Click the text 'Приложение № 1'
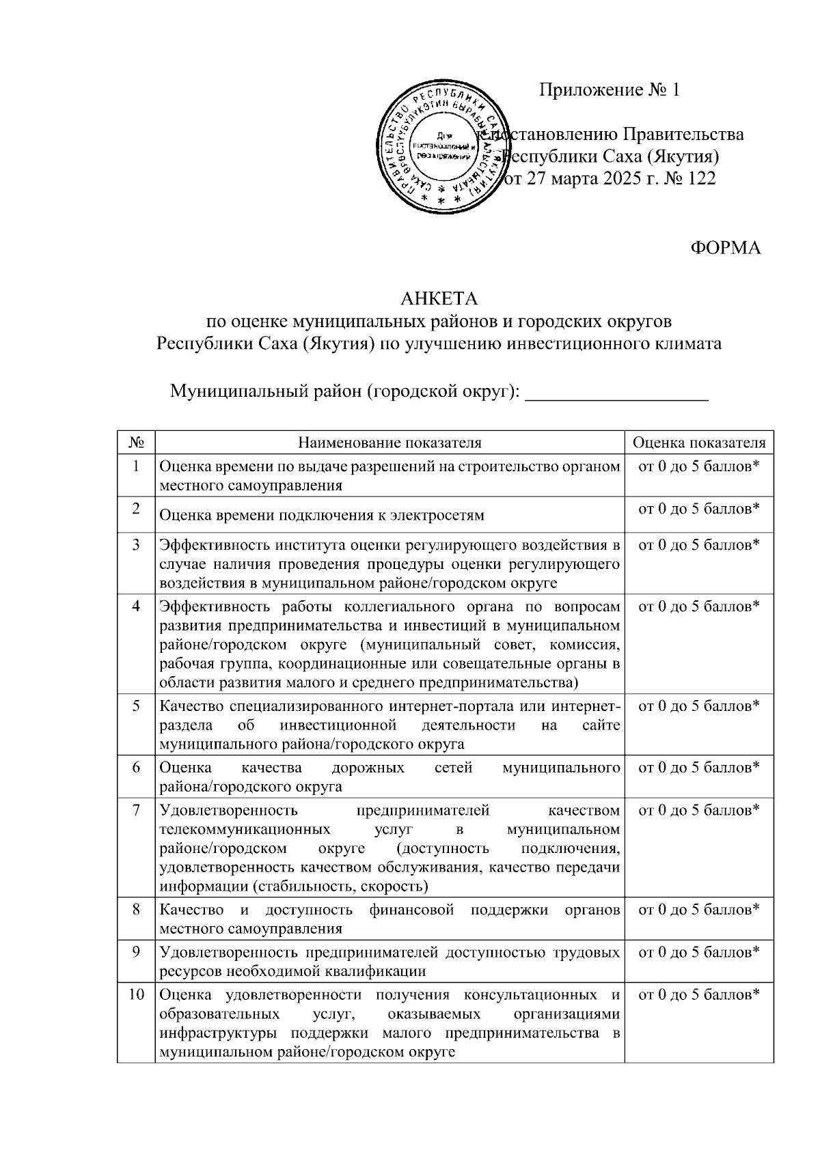(x=610, y=90)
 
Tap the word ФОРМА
(x=725, y=248)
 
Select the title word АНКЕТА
(x=439, y=299)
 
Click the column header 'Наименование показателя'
(x=389, y=443)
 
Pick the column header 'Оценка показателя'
(x=698, y=443)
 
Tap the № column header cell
(x=136, y=443)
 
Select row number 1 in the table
(x=136, y=466)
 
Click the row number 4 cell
(x=136, y=606)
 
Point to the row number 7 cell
(x=136, y=810)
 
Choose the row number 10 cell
(x=136, y=994)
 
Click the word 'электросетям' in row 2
(x=439, y=516)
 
